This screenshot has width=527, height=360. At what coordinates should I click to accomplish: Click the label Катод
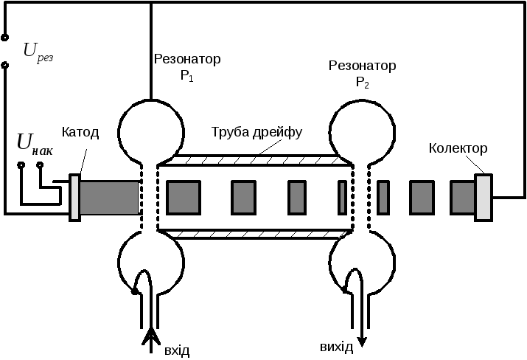click(x=80, y=134)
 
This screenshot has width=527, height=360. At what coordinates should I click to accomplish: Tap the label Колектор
click(x=458, y=149)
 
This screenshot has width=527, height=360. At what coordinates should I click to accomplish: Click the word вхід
click(x=177, y=350)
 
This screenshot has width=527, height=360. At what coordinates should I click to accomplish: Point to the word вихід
click(x=336, y=347)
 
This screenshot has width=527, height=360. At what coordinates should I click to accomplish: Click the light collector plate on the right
click(x=483, y=196)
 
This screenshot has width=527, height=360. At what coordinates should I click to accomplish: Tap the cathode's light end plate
click(x=74, y=197)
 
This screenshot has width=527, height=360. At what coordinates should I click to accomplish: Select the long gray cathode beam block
click(x=110, y=197)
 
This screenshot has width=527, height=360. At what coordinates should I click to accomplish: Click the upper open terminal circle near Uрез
click(x=5, y=36)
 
